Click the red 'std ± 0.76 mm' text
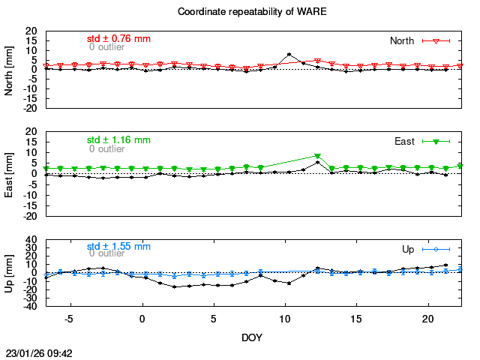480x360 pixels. (x=118, y=38)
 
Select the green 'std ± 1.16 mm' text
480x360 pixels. (x=118, y=139)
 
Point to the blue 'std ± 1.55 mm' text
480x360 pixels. (x=118, y=246)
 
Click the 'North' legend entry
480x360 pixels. (x=402, y=40)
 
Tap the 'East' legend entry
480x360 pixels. (x=404, y=141)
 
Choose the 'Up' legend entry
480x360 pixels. (x=409, y=249)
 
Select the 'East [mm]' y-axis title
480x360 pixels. (x=9, y=173)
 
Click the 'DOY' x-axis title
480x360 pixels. (x=252, y=337)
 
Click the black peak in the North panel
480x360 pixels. (x=289, y=55)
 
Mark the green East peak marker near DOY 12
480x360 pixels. (x=317, y=156)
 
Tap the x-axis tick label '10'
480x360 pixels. (x=285, y=318)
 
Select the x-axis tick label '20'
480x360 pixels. (x=427, y=318)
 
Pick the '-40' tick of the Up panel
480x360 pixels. (x=30, y=306)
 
